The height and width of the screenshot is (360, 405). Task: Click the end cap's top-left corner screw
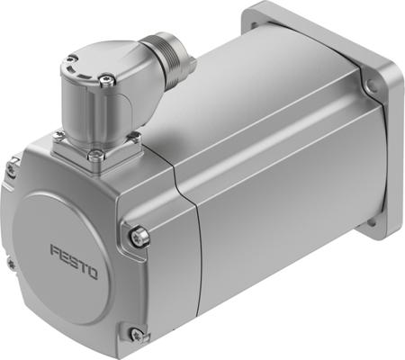click(x=13, y=167)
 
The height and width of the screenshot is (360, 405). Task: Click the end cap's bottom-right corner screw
click(x=136, y=334)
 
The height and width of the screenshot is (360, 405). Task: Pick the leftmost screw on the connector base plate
click(x=59, y=136)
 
